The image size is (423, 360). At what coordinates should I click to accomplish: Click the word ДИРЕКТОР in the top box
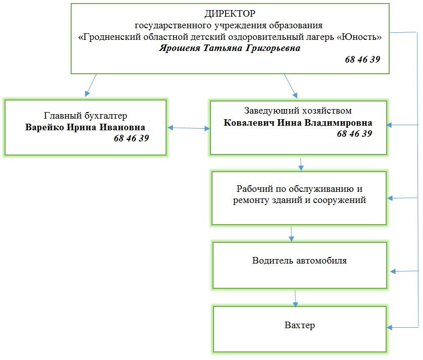[x=230, y=14]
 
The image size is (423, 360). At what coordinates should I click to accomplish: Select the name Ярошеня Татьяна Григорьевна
[x=230, y=49]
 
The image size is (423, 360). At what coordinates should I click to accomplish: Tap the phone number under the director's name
[x=362, y=60]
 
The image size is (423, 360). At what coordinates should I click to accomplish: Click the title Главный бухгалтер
[x=85, y=116]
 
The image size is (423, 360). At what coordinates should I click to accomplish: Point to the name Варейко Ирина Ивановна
[x=85, y=127]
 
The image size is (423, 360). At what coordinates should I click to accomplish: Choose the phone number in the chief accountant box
[x=131, y=138]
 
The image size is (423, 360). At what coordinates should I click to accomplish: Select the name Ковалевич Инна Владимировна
[x=298, y=123]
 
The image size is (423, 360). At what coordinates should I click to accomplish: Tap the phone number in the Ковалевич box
[x=354, y=134]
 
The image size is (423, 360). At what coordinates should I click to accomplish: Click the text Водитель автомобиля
[x=299, y=261]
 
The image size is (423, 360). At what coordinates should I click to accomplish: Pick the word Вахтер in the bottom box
[x=299, y=325]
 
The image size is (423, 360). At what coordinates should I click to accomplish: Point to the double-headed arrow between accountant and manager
[x=188, y=128]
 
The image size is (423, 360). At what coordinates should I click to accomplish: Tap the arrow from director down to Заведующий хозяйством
[x=290, y=85]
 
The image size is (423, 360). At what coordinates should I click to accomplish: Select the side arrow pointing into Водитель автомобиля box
[x=404, y=272]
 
